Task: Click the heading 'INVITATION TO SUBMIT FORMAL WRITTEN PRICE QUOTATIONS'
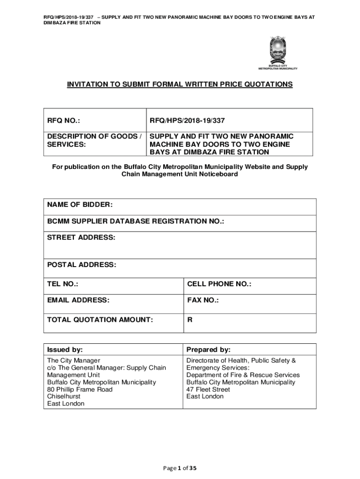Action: (x=180, y=84)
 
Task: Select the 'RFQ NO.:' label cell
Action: (x=63, y=121)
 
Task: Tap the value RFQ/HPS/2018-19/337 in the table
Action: (x=180, y=121)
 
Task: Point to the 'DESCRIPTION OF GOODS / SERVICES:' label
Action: (x=94, y=140)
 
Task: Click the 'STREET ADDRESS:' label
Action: (x=81, y=238)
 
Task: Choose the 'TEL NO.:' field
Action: (x=63, y=284)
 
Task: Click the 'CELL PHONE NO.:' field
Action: (x=219, y=284)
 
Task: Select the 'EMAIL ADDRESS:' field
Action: (x=78, y=300)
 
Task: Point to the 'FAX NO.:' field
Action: (x=203, y=300)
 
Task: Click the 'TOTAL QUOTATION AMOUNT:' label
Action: (x=100, y=320)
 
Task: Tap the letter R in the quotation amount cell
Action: (x=190, y=320)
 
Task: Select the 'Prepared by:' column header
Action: (x=208, y=350)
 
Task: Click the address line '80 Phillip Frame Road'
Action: (x=80, y=389)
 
